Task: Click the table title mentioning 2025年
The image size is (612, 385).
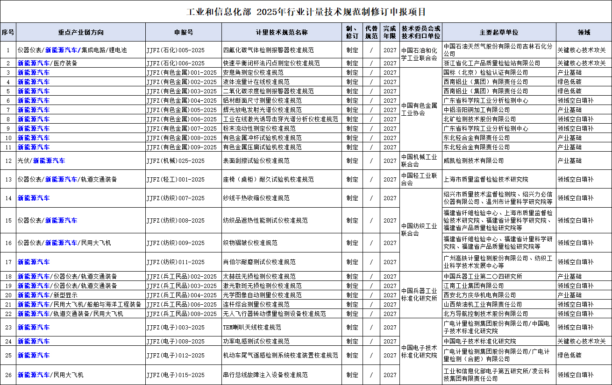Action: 306,12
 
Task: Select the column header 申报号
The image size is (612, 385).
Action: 184,32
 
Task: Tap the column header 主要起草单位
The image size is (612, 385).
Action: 498,32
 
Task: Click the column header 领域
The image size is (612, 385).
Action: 584,32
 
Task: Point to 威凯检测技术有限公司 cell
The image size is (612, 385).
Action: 474,161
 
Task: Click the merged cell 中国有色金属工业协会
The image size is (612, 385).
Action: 420,110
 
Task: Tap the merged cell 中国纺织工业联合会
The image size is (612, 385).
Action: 420,230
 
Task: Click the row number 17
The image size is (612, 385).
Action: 8,262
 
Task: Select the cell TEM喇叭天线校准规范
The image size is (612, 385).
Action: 252,328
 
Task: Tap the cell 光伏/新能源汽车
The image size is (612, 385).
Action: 42,161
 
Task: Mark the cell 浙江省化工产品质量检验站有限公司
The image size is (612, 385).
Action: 492,63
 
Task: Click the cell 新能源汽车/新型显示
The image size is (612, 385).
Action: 48,295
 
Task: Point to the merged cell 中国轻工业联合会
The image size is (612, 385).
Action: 420,179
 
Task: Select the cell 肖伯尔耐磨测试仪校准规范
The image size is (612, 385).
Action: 259,262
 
